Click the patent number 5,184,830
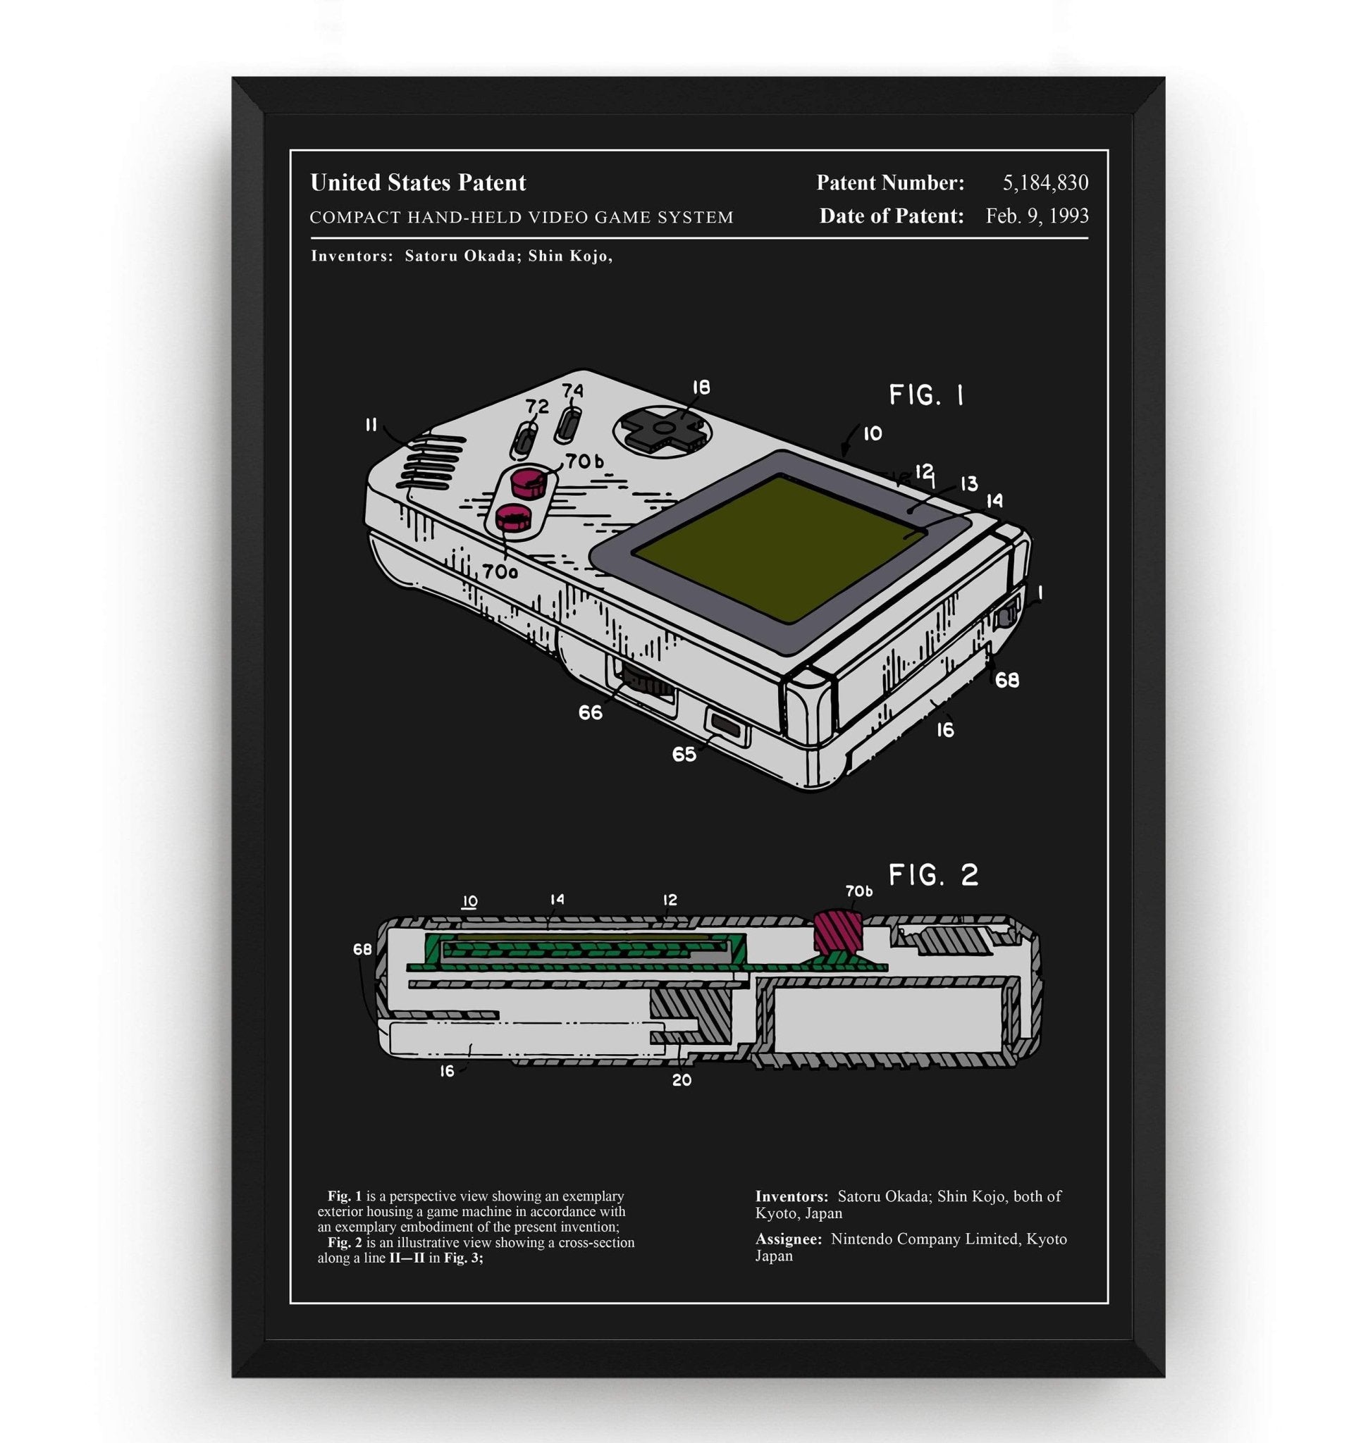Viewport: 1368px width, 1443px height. [x=1045, y=182]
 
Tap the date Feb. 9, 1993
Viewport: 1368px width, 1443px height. [x=1037, y=216]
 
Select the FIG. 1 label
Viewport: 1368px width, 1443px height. [x=926, y=395]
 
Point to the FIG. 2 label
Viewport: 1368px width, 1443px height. [x=933, y=874]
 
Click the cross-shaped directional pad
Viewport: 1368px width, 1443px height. [x=664, y=428]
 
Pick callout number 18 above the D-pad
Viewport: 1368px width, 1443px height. [x=700, y=388]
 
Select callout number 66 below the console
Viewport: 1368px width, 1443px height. [x=590, y=712]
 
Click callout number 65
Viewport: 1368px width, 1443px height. [x=684, y=754]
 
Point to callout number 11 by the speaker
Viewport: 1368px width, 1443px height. [x=371, y=425]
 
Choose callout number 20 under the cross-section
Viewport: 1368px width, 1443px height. [x=681, y=1081]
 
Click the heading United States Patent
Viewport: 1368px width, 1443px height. [x=418, y=182]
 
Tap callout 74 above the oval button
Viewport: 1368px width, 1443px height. [x=572, y=391]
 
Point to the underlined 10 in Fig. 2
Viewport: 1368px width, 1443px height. [x=469, y=901]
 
